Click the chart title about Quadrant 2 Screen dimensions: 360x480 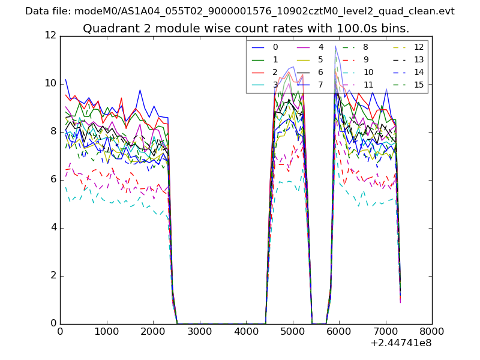(246, 28)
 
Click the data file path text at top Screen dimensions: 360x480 (240, 11)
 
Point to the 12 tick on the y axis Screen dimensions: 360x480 (50, 35)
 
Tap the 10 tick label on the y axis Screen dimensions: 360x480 (50, 83)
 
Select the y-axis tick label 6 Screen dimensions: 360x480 (53, 179)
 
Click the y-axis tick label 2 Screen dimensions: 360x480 (53, 275)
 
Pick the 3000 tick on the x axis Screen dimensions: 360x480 (199, 331)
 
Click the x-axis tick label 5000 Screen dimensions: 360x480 (292, 331)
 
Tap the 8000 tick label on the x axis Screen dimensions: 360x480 (431, 331)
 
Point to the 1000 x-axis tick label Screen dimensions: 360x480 (106, 331)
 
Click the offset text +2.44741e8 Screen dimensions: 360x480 (401, 343)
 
